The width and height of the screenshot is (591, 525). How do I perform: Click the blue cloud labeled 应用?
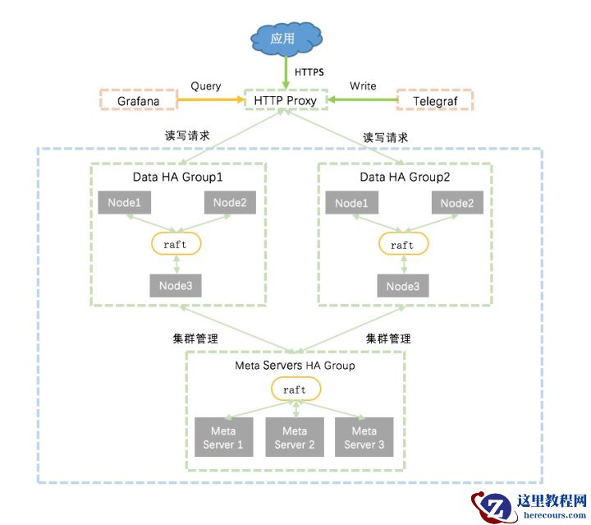tap(286, 38)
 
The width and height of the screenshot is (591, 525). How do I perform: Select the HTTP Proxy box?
tap(286, 101)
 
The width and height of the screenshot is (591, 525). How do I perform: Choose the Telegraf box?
tap(437, 101)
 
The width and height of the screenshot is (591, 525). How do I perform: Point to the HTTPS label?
tap(309, 72)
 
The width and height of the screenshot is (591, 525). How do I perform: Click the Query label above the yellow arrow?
tap(205, 86)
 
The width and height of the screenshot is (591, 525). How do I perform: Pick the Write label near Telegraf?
tap(363, 86)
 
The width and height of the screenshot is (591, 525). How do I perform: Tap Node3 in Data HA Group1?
tap(176, 286)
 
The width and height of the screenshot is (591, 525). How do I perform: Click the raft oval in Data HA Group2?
tap(402, 245)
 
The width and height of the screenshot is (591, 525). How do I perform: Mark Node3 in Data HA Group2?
tap(402, 286)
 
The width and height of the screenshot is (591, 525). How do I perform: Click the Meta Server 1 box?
tap(222, 438)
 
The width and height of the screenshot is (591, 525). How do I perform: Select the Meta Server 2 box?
tap(294, 438)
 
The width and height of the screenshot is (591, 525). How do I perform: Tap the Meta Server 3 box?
tap(364, 438)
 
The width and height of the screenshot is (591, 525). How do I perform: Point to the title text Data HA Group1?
tap(177, 177)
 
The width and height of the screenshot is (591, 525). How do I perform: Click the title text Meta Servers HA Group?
tap(295, 366)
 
